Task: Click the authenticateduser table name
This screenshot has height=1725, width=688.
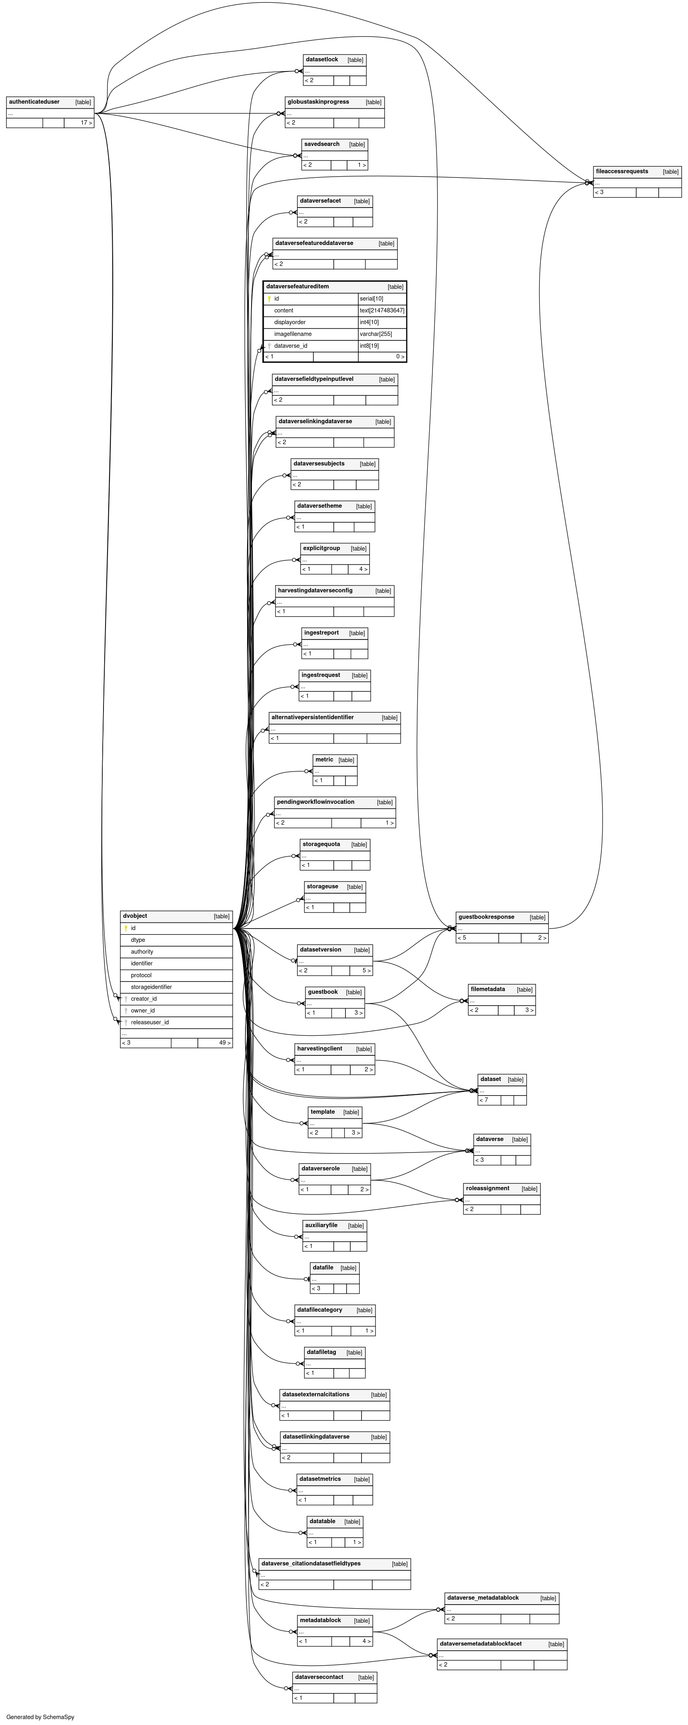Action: coord(34,102)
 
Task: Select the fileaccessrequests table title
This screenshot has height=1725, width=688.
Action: coord(622,171)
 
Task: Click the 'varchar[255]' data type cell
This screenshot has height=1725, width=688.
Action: coord(375,334)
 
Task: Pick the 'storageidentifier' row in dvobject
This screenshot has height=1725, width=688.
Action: coord(151,987)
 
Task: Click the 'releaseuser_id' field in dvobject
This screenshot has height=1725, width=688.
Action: coord(150,1022)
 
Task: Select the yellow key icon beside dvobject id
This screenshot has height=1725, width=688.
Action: coord(125,928)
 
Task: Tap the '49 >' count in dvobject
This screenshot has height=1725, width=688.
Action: coord(224,1043)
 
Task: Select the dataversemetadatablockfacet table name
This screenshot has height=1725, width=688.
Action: coord(481,1643)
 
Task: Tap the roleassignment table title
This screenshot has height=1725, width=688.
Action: coord(487,1188)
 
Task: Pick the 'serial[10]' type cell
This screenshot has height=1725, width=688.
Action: coord(371,299)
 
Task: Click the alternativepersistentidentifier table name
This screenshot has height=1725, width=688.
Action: coord(313,717)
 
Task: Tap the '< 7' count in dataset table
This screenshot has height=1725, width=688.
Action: coord(483,1100)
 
